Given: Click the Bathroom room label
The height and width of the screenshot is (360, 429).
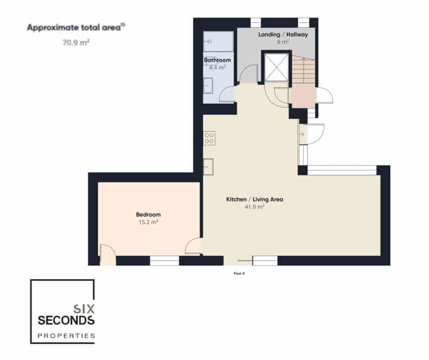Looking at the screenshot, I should click(217, 60).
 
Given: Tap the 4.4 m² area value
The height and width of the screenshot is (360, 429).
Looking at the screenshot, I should click(217, 67).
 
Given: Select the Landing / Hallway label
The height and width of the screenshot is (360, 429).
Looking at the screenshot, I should click(283, 35).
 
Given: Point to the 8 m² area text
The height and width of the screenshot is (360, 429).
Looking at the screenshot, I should click(283, 42).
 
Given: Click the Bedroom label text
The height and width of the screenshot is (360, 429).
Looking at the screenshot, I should click(148, 215).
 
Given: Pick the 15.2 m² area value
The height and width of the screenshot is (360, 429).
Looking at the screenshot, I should click(148, 222).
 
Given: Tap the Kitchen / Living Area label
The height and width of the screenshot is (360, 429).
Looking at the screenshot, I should click(255, 199).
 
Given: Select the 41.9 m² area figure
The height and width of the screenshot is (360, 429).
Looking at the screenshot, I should click(255, 206).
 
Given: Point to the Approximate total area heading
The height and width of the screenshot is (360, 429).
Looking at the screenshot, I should click(76, 27).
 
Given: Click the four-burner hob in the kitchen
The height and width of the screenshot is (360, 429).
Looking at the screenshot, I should click(209, 138).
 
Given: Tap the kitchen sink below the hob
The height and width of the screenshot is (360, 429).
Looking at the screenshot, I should click(209, 167).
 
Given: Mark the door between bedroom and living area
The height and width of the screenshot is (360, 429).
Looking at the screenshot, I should click(194, 247).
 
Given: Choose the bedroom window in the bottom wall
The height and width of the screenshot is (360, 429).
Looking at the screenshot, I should click(164, 261).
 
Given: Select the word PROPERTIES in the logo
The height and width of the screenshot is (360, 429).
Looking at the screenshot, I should click(66, 336).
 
